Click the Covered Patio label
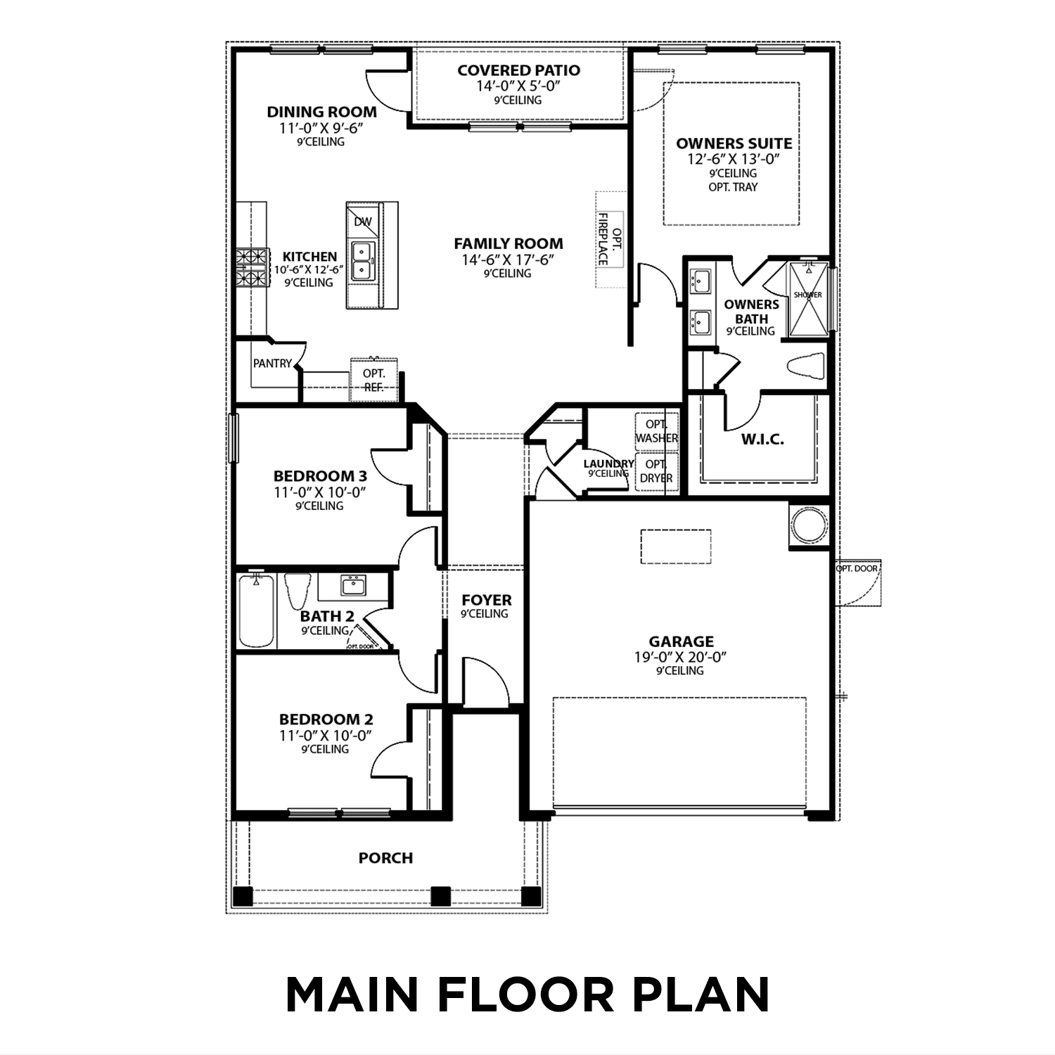(518, 70)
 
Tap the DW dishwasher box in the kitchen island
(363, 222)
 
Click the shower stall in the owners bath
(807, 298)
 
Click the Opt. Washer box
(656, 431)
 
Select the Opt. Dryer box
(656, 471)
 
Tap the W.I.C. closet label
(762, 440)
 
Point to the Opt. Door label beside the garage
(856, 568)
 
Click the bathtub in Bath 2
(256, 610)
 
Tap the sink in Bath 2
(353, 585)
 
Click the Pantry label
(272, 364)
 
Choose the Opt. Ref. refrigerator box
(373, 381)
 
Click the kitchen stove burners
(253, 268)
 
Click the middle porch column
(440, 896)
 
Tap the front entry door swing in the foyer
(485, 682)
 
